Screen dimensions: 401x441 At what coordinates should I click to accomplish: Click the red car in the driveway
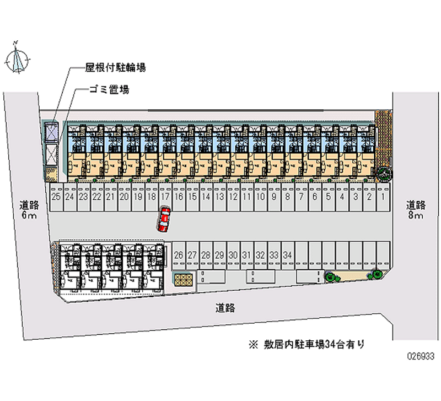pos(164,220)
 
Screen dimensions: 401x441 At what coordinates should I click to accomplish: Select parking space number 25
pos(56,196)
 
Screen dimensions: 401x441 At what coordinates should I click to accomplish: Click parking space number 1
pos(382,196)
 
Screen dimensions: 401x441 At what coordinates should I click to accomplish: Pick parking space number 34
pos(287,255)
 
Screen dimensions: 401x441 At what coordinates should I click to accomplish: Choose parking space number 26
pos(178,255)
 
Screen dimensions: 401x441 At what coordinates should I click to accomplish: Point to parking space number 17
pos(165,196)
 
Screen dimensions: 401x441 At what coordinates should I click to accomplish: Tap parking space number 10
pos(260,196)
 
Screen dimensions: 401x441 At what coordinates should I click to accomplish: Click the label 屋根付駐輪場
pos(115,68)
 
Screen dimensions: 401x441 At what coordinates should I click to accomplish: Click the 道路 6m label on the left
pos(28,210)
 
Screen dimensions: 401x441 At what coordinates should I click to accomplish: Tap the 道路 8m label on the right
pos(416,210)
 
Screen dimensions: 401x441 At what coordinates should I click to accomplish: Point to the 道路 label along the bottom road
pos(225,308)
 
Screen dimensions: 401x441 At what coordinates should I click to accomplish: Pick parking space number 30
pos(233,255)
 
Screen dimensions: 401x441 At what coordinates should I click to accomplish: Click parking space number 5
pos(328,196)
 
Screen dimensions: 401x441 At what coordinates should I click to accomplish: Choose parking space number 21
pos(110,196)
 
